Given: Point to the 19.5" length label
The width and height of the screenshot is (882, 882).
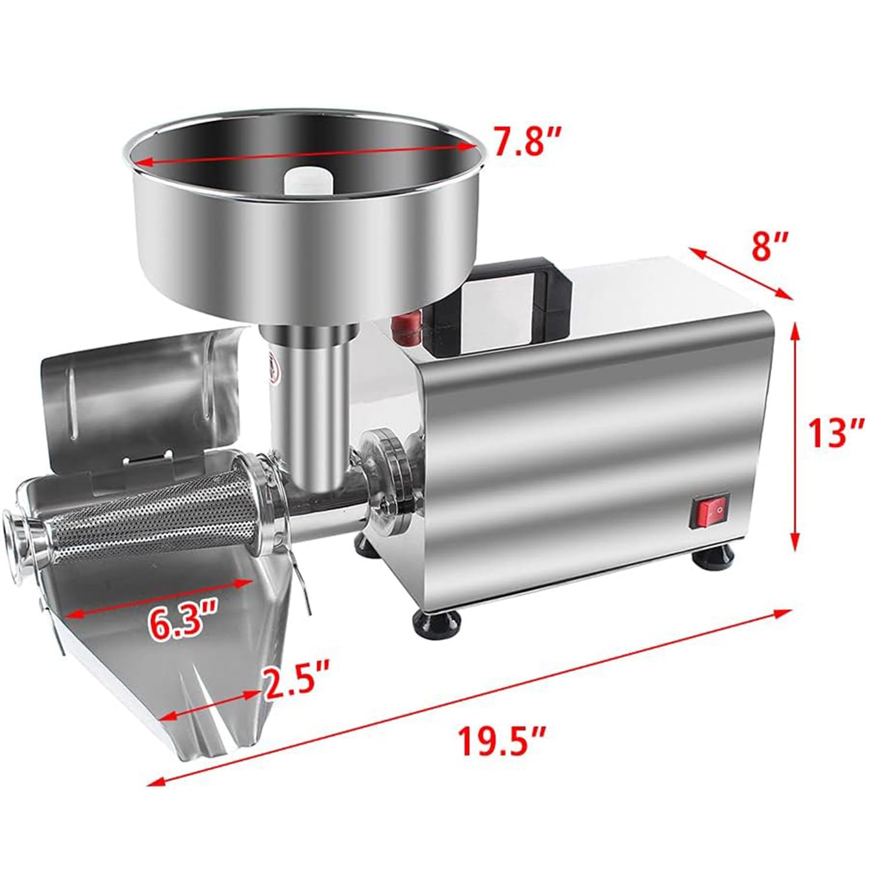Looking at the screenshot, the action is coord(502,743).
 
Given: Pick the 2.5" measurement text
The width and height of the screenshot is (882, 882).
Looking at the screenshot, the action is coord(296,686).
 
